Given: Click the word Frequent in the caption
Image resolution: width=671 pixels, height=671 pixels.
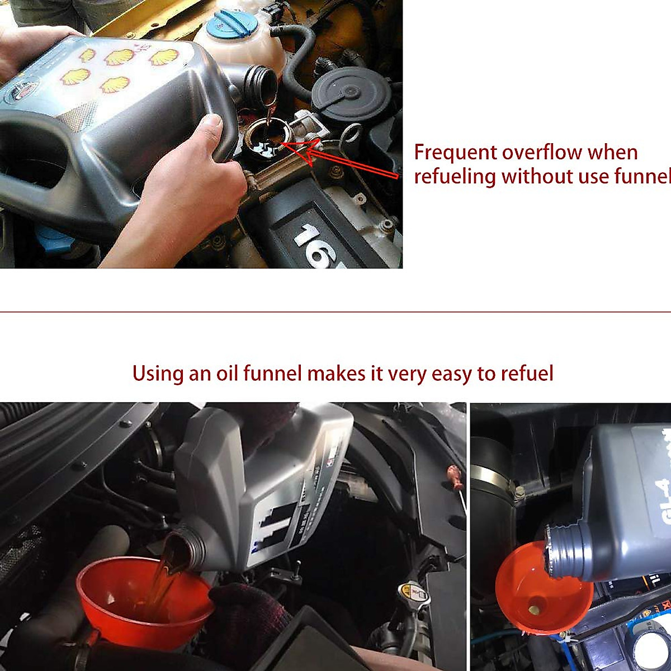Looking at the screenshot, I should pos(455,153).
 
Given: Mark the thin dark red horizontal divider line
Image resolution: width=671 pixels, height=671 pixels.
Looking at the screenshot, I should pos(335,312).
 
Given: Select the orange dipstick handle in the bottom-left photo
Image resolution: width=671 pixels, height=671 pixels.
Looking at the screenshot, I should pos(455,475).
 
